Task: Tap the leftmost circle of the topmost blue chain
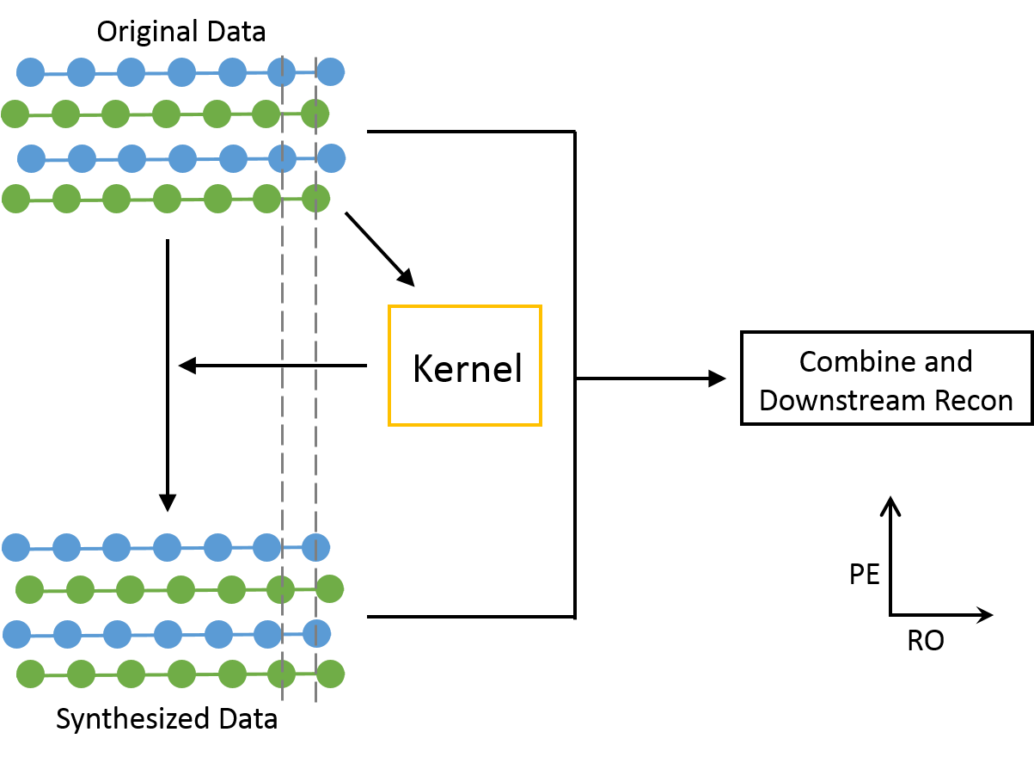point(30,72)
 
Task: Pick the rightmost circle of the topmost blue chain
point(330,72)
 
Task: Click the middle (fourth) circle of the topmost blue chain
point(181,72)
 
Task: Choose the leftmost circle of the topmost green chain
point(15,114)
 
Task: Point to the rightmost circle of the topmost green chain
point(315,114)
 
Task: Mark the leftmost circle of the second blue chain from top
point(31,158)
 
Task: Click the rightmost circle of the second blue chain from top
point(331,158)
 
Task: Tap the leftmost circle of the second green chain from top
point(15,199)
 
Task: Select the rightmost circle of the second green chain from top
point(315,199)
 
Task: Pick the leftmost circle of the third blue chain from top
point(15,547)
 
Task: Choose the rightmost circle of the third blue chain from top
point(315,547)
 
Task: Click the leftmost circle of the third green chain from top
point(29,589)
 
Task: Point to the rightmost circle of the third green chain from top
point(329,589)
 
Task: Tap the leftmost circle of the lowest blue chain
point(16,635)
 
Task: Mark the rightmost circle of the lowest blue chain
point(316,634)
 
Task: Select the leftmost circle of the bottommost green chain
point(30,674)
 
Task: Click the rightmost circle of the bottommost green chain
point(330,674)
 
